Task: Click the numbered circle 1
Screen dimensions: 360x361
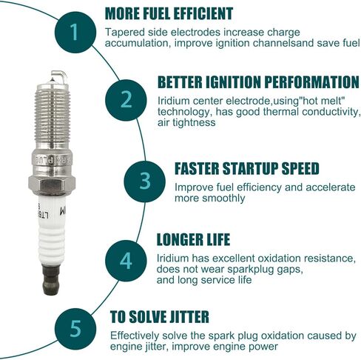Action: tap(73, 33)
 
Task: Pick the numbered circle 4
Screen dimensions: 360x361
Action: tap(126, 261)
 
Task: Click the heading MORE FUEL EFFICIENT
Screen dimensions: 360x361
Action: tap(169, 13)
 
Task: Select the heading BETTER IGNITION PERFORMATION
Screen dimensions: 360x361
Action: tap(258, 81)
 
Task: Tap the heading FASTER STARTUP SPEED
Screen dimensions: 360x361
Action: tap(246, 168)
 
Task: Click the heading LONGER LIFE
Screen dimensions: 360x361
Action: tap(194, 239)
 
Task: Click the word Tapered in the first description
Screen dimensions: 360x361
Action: tap(126, 32)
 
